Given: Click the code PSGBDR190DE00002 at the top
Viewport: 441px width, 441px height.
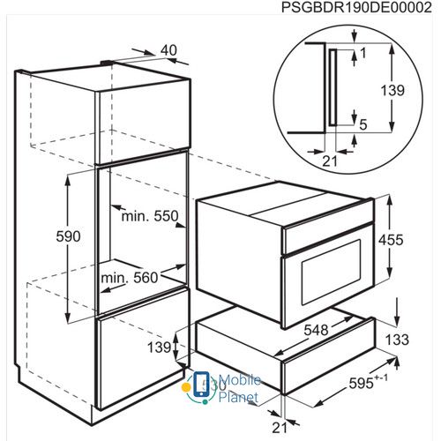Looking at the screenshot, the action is click(356, 8).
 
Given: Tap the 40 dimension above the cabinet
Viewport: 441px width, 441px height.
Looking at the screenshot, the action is click(168, 50).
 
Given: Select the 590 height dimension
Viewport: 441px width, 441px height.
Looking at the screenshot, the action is click(68, 236).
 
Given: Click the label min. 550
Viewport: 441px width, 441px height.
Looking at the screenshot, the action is click(150, 216).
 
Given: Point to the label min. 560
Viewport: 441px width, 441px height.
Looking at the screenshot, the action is click(130, 278).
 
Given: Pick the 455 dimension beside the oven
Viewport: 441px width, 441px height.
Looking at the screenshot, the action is click(391, 240).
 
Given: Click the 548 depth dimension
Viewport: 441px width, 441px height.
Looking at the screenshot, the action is click(316, 330).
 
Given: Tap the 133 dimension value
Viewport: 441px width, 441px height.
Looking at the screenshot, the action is click(397, 340).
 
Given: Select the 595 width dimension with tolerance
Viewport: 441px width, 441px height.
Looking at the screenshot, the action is click(368, 382).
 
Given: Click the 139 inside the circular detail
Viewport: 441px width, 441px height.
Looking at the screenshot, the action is click(392, 90).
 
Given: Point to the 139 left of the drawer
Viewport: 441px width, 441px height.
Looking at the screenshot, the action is click(159, 348).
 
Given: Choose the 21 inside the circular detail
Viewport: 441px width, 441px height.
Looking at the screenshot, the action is click(330, 161).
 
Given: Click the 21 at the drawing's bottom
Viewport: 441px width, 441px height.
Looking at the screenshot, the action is click(279, 428).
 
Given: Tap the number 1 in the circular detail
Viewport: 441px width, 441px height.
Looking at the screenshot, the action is click(363, 53).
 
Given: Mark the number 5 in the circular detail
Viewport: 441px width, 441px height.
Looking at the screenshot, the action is click(363, 124).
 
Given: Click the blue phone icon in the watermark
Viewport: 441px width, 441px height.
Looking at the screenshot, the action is click(200, 384).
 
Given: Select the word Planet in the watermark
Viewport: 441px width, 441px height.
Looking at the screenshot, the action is click(238, 398).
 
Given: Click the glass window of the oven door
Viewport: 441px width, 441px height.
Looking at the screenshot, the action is click(332, 272).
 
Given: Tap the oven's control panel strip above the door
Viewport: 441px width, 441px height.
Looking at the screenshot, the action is click(328, 238).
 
